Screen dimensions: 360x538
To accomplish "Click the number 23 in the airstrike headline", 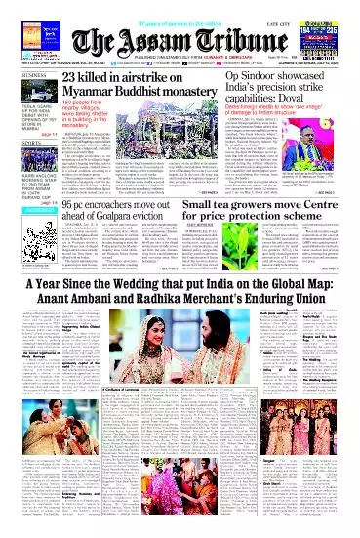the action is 72,79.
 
